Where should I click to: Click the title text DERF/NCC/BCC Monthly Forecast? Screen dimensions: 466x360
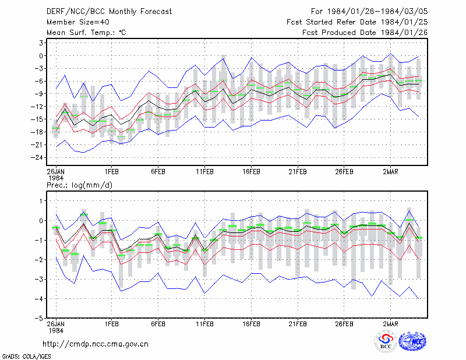tap(109, 12)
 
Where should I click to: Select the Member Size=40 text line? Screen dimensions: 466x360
tap(78, 22)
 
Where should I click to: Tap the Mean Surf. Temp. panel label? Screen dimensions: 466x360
tap(86, 33)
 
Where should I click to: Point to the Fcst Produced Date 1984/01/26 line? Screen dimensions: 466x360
tap(365, 33)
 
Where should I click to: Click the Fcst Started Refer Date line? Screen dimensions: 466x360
tap(357, 22)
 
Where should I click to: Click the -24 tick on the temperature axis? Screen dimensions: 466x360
tap(37, 157)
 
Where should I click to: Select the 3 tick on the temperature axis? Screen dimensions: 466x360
tap(41, 43)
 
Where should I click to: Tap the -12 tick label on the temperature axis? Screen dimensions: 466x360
tap(37, 107)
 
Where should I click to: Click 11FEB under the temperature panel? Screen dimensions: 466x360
tap(204, 172)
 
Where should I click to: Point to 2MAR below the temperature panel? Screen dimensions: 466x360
tap(390, 172)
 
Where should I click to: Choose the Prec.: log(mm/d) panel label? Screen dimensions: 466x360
tap(80, 185)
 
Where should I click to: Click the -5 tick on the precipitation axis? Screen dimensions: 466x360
tap(40, 318)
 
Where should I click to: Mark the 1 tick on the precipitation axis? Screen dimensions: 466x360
tap(41, 201)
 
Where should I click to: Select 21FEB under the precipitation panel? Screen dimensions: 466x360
tap(298, 324)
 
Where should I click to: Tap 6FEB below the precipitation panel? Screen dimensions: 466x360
tap(158, 324)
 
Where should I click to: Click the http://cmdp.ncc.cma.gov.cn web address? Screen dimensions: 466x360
tap(96, 344)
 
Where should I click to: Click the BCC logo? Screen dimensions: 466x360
tap(386, 342)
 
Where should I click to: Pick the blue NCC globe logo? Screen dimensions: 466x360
tap(412, 341)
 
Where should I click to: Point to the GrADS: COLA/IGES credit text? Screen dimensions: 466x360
tap(26, 357)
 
